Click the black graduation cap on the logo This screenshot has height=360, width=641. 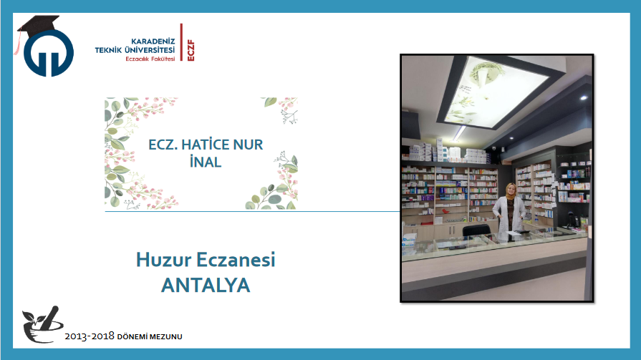click(x=38, y=25)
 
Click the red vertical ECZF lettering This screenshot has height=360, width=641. click(x=191, y=50)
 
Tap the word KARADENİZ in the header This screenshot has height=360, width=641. click(x=153, y=42)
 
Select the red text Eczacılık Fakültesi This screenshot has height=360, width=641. click(x=150, y=59)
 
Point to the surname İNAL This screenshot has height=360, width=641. click(x=206, y=162)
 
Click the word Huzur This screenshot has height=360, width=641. click(x=163, y=260)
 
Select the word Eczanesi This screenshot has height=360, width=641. click(x=236, y=260)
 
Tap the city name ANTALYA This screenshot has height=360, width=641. click(x=206, y=286)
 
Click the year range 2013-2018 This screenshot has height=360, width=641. click(x=89, y=336)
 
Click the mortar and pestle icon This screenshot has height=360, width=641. click(x=42, y=324)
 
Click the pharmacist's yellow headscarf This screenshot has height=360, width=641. click(x=511, y=192)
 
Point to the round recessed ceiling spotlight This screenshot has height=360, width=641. click(x=584, y=97)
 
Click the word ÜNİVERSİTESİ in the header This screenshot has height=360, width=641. click(x=149, y=50)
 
